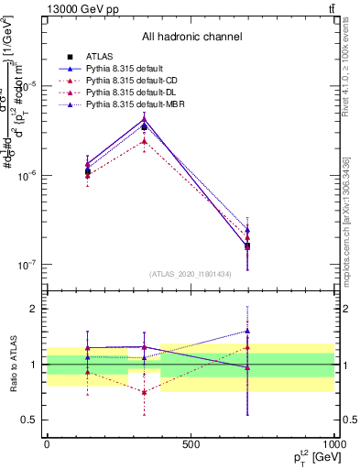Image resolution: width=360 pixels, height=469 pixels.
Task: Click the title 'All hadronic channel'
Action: [191, 37]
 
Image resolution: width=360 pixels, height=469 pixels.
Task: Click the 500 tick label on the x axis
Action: [191, 444]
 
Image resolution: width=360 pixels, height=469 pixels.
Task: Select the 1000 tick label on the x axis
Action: [334, 444]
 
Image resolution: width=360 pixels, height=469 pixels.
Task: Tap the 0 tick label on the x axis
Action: [47, 444]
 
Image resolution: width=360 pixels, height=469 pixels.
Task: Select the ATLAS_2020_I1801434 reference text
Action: [191, 274]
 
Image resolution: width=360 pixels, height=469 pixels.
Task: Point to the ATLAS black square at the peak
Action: [145, 127]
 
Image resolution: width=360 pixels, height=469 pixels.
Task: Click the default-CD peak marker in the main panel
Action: [145, 141]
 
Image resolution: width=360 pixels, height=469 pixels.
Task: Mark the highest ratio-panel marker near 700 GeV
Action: [247, 331]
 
